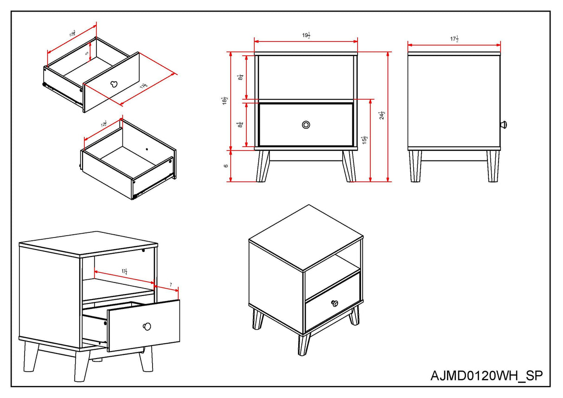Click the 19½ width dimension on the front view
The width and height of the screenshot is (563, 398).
[x=306, y=36]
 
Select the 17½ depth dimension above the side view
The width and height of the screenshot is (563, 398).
[x=454, y=39]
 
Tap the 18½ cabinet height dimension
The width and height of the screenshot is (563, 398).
[x=225, y=102]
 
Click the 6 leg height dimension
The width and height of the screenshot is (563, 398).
[x=226, y=166]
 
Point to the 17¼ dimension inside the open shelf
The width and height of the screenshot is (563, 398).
[x=125, y=272]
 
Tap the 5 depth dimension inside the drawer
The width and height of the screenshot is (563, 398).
[x=87, y=53]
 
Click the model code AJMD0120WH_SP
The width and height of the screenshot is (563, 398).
[x=486, y=375]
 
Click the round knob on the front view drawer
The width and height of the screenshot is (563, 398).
[x=306, y=125]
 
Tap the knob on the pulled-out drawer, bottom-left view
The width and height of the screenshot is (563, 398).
[x=147, y=326]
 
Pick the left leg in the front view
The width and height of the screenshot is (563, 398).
[x=263, y=166]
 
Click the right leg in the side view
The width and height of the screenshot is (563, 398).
[x=493, y=166]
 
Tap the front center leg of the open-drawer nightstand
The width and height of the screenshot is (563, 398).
[x=82, y=367]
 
